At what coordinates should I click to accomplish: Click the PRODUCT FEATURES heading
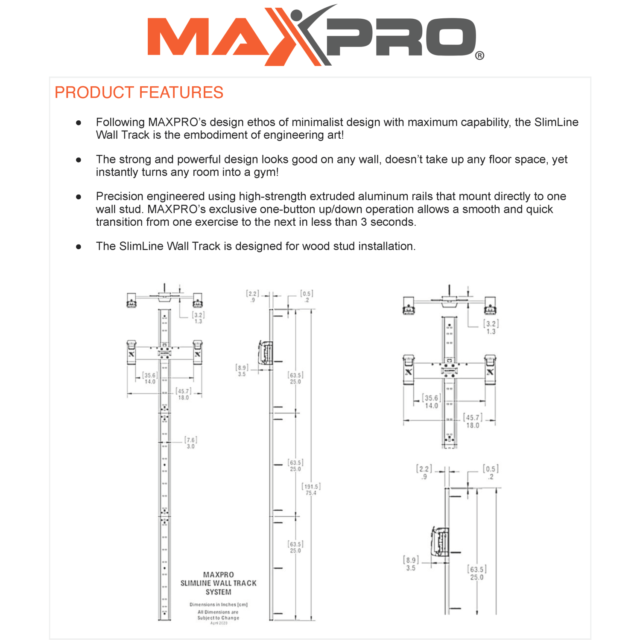tap(139, 93)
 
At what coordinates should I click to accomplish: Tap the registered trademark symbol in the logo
tap(479, 56)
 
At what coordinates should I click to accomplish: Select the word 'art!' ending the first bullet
tap(334, 135)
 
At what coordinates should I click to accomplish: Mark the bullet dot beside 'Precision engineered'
tap(79, 197)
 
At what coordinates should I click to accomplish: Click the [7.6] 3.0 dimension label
tap(190, 443)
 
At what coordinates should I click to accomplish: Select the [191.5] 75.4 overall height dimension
tap(311, 489)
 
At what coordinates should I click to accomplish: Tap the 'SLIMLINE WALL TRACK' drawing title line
tap(218, 583)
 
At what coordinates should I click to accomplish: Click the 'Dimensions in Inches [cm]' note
tap(218, 605)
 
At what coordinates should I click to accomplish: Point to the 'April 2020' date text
tap(219, 623)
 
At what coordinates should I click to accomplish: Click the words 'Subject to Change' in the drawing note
tap(218, 618)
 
